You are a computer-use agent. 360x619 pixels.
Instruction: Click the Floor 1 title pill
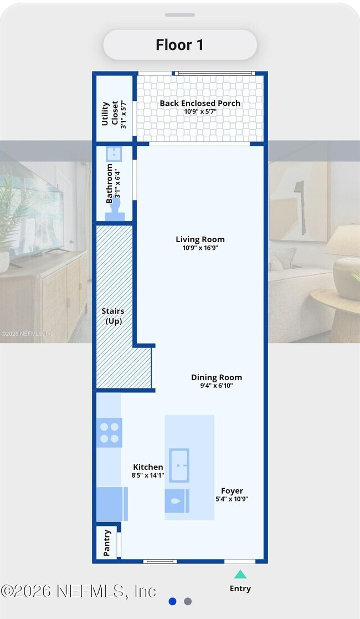click(180, 44)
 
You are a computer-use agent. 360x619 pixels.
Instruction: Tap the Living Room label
click(200, 239)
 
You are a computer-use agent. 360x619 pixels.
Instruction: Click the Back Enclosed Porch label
click(200, 103)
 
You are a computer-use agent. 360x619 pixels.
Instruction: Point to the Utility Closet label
click(110, 114)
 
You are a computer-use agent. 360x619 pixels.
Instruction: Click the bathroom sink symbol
click(114, 154)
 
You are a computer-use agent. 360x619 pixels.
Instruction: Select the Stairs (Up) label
click(113, 316)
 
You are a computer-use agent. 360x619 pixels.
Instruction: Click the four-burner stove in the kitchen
click(109, 433)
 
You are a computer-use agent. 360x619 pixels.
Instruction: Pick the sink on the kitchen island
click(179, 465)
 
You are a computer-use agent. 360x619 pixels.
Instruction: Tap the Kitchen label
click(148, 467)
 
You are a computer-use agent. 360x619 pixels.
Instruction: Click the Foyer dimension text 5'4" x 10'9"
click(232, 499)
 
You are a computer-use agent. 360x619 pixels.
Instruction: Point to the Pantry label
click(106, 543)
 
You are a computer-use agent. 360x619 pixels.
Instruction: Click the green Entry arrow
click(240, 574)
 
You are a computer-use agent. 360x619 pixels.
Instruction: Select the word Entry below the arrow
click(240, 589)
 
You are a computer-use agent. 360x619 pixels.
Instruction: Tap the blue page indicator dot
click(172, 601)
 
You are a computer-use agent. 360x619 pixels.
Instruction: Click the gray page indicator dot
click(188, 601)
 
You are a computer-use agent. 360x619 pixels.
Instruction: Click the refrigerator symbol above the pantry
click(112, 504)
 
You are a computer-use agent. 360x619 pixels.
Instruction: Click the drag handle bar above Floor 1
click(180, 15)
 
